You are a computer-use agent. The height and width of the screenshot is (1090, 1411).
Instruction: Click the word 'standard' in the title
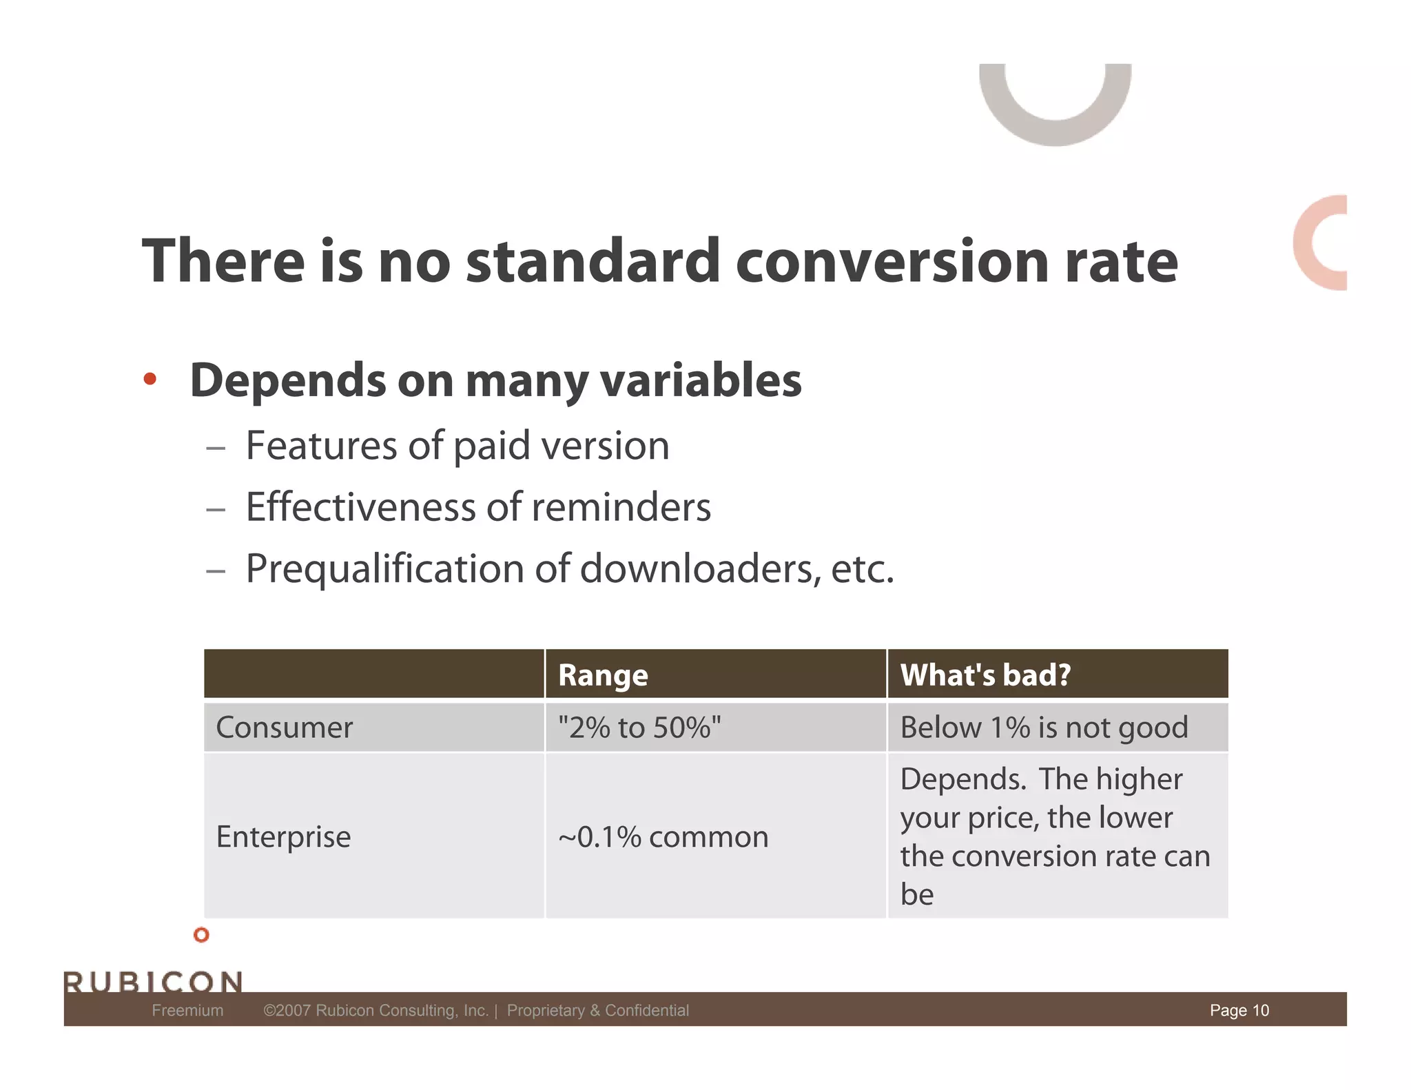point(593,262)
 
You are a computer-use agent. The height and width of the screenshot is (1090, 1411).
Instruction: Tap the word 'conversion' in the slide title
point(892,262)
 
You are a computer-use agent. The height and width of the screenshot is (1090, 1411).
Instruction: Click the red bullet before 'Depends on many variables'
point(150,379)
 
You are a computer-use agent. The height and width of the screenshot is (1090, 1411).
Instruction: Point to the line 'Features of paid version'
point(457,446)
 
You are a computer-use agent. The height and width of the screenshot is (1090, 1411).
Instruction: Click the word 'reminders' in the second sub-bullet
point(621,508)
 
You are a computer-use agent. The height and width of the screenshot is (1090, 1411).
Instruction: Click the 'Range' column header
point(603,675)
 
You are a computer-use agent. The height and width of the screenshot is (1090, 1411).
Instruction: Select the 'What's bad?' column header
point(985,675)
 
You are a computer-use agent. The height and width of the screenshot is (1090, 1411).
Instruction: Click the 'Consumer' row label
point(284,728)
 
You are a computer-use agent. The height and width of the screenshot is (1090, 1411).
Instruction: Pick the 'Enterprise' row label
point(283,837)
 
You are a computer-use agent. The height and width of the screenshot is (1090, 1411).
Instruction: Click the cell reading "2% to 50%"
point(639,728)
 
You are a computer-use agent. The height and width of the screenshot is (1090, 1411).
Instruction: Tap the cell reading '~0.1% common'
point(663,837)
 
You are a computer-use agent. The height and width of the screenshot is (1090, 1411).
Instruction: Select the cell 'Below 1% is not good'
point(1044,728)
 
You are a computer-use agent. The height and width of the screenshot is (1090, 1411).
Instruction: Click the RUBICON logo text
point(153,981)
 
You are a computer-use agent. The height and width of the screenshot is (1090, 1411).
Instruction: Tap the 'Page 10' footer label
point(1239,1010)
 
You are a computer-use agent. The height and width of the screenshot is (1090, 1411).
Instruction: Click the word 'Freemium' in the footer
point(187,1010)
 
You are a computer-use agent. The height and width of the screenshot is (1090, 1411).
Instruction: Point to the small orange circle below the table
point(201,935)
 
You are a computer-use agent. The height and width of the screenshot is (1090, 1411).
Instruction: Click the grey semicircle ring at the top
point(1055,131)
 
